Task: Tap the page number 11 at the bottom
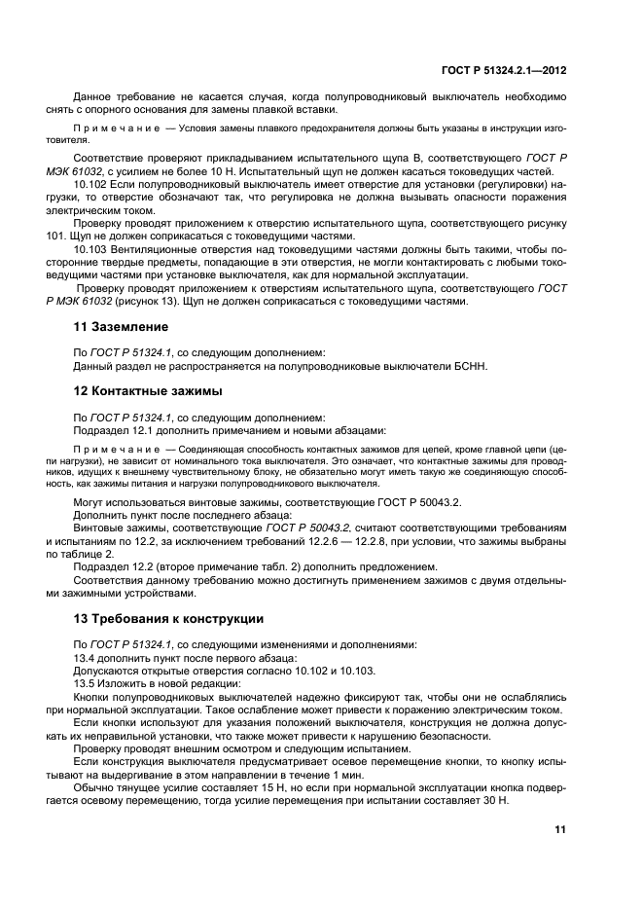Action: (x=559, y=829)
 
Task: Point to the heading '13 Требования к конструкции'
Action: (x=169, y=619)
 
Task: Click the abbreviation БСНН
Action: (x=449, y=366)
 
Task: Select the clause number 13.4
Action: (x=87, y=657)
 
